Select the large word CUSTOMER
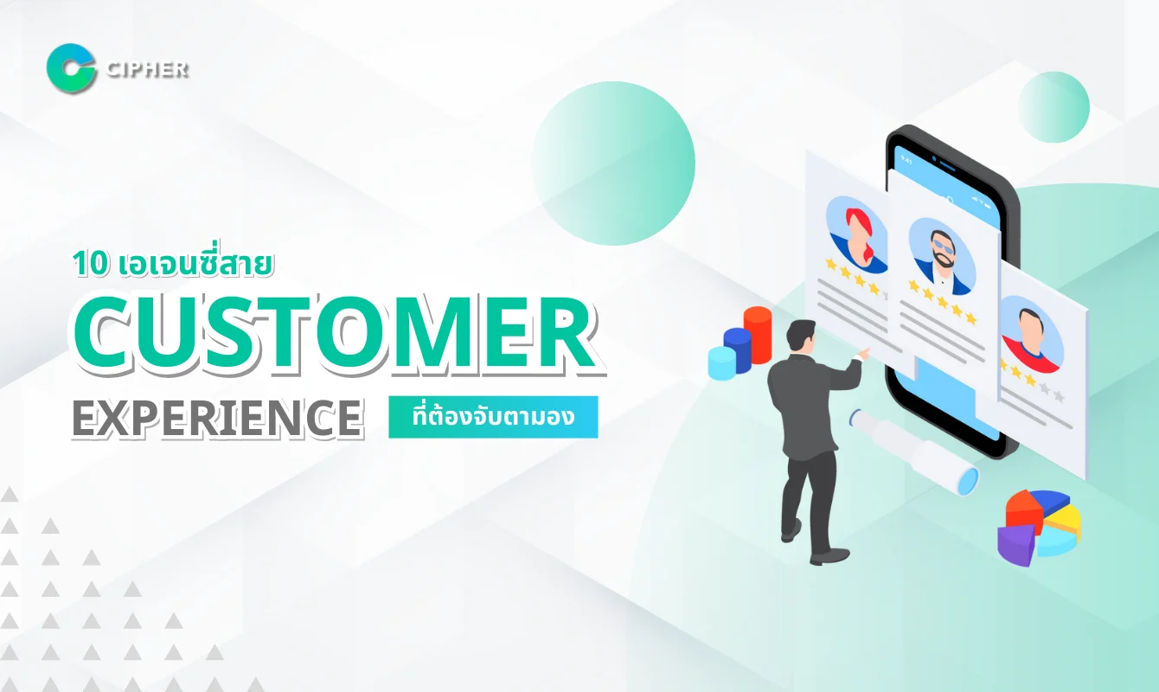tap(334, 336)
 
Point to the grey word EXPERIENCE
tap(216, 417)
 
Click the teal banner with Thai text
tap(493, 417)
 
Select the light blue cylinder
tap(720, 362)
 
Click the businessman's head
tap(802, 335)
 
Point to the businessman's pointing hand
tap(862, 353)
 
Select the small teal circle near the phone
tap(1053, 106)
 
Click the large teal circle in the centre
tap(612, 163)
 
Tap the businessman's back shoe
tap(790, 534)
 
